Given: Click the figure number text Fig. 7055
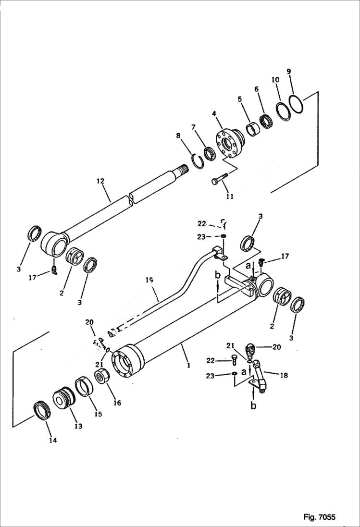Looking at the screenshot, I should tap(319, 517).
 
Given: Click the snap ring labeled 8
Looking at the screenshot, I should tap(198, 160).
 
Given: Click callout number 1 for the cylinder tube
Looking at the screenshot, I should tap(189, 365).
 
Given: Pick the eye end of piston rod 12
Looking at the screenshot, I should tap(53, 246).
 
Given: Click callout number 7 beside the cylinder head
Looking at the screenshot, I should tap(194, 127).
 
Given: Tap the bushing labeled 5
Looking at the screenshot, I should tap(252, 130).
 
